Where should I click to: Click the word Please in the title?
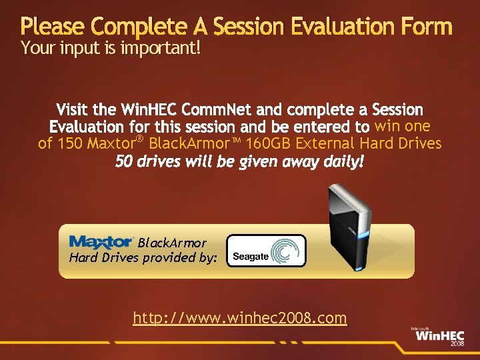pos(52,27)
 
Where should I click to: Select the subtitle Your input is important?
pos(110,48)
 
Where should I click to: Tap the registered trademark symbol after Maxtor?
pos(140,139)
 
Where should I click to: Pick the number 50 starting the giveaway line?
pos(124,161)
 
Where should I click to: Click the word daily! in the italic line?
pos(341,161)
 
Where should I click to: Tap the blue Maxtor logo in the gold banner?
pos(101,241)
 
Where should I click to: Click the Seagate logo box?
pos(266,251)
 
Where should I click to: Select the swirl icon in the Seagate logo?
pos(288,251)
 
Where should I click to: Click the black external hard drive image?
pos(347,227)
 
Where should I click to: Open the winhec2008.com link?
pos(240,318)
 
